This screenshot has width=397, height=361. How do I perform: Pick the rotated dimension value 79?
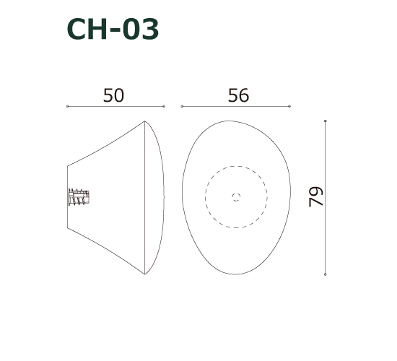(x=316, y=197)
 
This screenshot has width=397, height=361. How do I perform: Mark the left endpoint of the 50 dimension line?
(x=67, y=107)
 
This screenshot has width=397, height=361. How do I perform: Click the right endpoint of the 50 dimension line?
(x=164, y=107)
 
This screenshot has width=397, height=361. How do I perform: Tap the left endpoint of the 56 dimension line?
(x=182, y=107)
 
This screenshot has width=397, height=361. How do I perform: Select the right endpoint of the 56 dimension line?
(x=289, y=107)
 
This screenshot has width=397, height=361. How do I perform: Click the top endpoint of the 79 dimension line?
(x=326, y=121)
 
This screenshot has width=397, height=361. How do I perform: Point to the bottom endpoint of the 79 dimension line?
(x=326, y=274)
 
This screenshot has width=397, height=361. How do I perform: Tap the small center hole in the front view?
(x=236, y=196)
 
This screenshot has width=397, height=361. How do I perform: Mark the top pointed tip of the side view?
(x=145, y=121)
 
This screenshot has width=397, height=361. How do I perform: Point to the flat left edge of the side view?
(x=68, y=197)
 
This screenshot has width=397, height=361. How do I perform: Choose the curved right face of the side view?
(x=163, y=197)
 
